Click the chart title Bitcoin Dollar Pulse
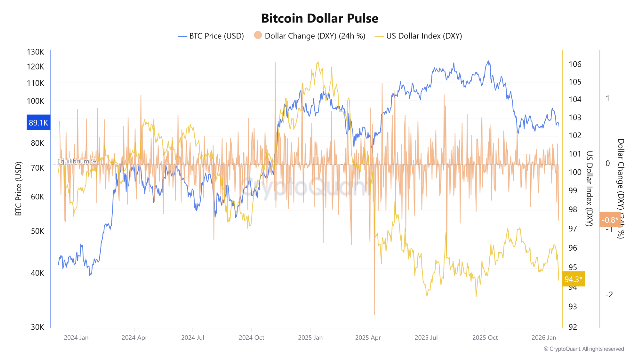(x=320, y=18)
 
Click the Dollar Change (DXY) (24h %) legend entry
(x=310, y=36)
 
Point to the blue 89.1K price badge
(x=38, y=122)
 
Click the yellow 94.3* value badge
(x=573, y=279)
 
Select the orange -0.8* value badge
(x=610, y=220)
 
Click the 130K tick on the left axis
(x=35, y=52)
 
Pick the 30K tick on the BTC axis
(x=38, y=327)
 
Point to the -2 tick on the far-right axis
(x=609, y=295)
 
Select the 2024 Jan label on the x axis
(x=76, y=337)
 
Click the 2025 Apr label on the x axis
(x=368, y=337)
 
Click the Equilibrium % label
(x=77, y=161)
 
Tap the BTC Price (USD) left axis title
(x=19, y=189)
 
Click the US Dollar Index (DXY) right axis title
(x=589, y=189)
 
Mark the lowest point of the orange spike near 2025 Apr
(x=374, y=315)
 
